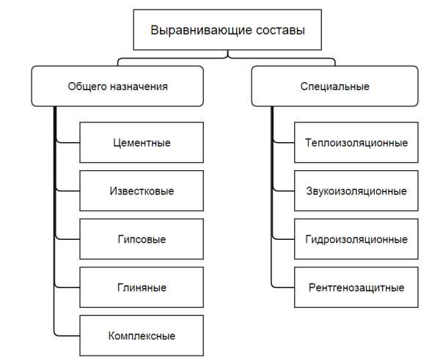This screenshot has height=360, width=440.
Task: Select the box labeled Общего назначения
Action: [x=117, y=86]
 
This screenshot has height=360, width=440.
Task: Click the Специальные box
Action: [x=335, y=86]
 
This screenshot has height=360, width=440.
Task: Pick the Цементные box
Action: [x=142, y=142]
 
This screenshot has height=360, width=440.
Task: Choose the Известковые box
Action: [x=142, y=191]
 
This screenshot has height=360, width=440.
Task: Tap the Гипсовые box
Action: [x=142, y=239]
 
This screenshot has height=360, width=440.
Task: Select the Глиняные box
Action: [x=142, y=287]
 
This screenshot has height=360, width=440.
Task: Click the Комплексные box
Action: [x=142, y=336]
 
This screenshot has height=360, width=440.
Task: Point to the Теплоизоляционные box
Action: [x=356, y=142]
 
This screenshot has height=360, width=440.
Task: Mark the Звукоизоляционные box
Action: [x=356, y=191]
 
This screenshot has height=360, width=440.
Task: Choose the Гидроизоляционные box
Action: [x=356, y=239]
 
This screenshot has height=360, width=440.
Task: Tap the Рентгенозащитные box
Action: [x=356, y=287]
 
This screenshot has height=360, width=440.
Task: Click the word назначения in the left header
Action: [x=139, y=87]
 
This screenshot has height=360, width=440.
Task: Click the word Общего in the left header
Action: [x=87, y=87]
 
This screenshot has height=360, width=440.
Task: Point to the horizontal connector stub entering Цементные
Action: [x=68, y=142]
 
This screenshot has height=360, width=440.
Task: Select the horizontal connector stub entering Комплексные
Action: [x=67, y=336]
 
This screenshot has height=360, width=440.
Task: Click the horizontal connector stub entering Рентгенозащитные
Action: [x=284, y=287]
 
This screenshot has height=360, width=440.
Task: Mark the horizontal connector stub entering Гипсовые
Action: [x=68, y=239]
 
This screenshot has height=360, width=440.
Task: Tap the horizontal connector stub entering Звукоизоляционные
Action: [x=284, y=191]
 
